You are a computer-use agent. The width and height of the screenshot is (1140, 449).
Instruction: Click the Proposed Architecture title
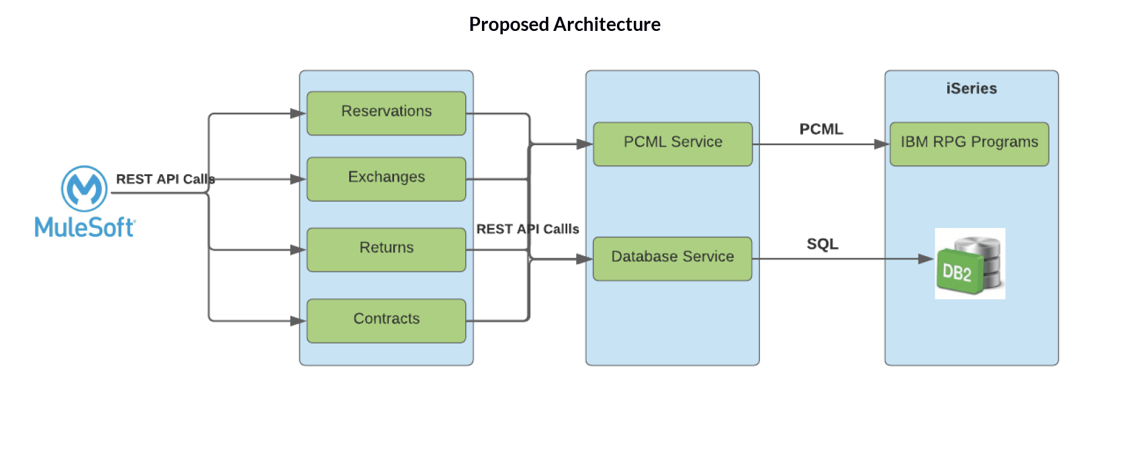564,24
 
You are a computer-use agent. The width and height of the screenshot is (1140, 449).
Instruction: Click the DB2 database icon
969,264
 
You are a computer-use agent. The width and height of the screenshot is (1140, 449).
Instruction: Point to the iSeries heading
971,88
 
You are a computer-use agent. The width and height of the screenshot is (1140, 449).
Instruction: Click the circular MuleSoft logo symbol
84,189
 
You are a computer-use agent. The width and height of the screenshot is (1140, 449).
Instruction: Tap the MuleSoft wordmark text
85,227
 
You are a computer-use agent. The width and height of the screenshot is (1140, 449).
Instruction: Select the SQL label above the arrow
822,244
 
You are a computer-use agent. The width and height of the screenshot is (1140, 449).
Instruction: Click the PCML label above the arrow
820,129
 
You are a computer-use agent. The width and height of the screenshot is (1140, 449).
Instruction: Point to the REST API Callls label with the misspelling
527,229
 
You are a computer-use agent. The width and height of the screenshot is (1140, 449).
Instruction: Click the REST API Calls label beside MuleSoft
165,179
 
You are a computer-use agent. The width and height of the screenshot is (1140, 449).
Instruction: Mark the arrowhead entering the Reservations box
298,114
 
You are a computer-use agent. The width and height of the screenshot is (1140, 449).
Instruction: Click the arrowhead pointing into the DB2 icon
926,259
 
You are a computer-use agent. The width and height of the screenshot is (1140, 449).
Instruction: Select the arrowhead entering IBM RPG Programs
882,144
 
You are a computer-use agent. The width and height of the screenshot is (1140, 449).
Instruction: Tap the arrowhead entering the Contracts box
298,321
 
